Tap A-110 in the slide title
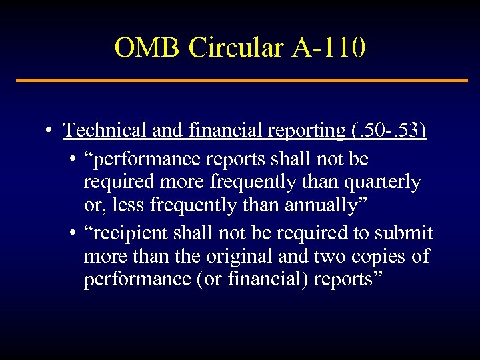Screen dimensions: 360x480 click(329, 48)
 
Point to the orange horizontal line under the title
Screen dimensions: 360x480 click(241, 81)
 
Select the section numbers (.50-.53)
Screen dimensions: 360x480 click(387, 130)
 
